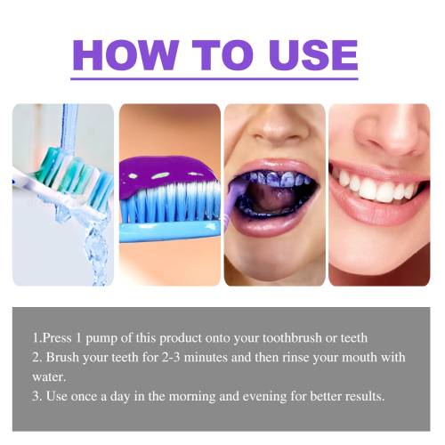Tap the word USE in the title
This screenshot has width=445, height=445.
tap(313, 55)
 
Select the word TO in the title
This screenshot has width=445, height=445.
tap(222, 55)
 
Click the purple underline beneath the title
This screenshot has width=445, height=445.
tap(214, 79)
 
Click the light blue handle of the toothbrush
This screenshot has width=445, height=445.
tap(170, 231)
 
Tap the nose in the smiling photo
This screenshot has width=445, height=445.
tap(392, 131)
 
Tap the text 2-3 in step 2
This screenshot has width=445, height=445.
tap(171, 357)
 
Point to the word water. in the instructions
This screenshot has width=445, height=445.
tap(49, 377)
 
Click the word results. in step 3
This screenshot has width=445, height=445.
tap(365, 396)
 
